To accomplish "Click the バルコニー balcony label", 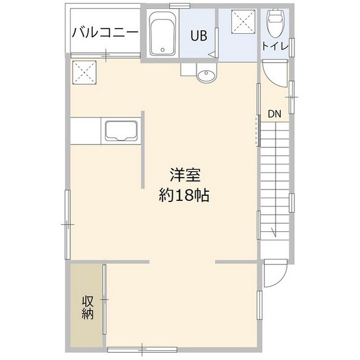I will coord(105,32).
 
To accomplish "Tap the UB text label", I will coord(198,37).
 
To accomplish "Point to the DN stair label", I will coord(274,114).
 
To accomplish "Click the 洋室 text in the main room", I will coord(184,175).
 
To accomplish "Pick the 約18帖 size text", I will coord(184,195).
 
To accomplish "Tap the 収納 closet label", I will coord(87,307).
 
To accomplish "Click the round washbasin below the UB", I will coord(206,75).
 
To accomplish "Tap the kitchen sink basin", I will coord(121,131).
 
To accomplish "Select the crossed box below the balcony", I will coord(85,71).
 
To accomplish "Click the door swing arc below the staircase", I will coord(274,273).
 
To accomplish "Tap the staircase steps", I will coord(275,180).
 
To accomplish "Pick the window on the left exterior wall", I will coord(67,223).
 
